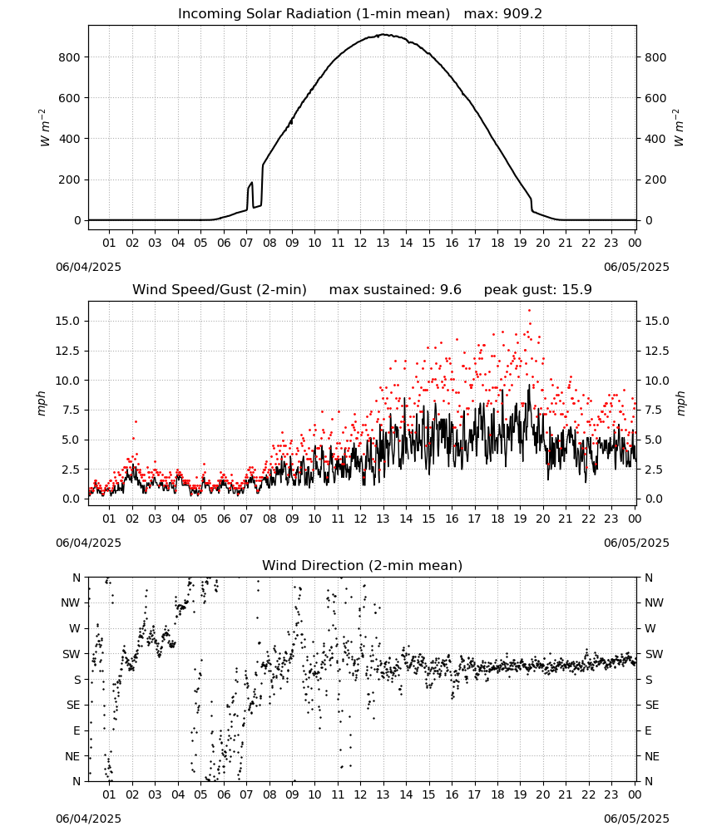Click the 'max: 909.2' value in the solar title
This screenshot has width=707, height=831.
click(x=503, y=13)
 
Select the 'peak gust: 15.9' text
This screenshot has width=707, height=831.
click(x=538, y=289)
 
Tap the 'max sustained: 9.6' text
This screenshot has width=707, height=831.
click(x=395, y=289)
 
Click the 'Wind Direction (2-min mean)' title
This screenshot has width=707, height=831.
click(x=363, y=565)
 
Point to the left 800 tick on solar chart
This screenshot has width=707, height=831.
click(x=70, y=57)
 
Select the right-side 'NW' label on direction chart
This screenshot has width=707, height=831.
click(x=654, y=603)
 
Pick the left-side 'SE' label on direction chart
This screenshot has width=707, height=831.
click(x=73, y=705)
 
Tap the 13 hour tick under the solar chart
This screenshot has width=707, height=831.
click(x=383, y=243)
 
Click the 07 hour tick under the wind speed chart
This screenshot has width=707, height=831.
click(x=246, y=519)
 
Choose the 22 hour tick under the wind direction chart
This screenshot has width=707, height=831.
click(x=588, y=794)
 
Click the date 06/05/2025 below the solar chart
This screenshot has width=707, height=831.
click(x=636, y=267)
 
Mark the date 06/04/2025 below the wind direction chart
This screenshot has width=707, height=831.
click(x=88, y=819)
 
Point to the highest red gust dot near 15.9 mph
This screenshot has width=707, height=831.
click(x=529, y=311)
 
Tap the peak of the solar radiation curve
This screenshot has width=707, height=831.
click(x=383, y=34)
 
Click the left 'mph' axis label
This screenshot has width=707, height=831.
click(x=42, y=403)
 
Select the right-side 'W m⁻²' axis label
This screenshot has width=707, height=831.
click(x=679, y=128)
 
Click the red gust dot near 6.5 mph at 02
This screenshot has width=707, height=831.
click(x=136, y=422)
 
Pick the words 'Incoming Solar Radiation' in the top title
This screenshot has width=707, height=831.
click(x=265, y=13)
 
